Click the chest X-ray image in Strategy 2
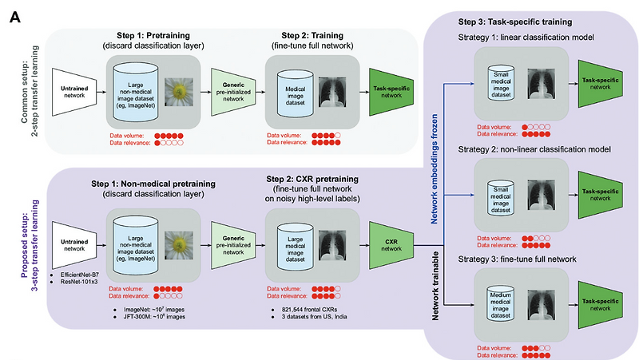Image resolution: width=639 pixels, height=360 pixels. (x=544, y=190)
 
